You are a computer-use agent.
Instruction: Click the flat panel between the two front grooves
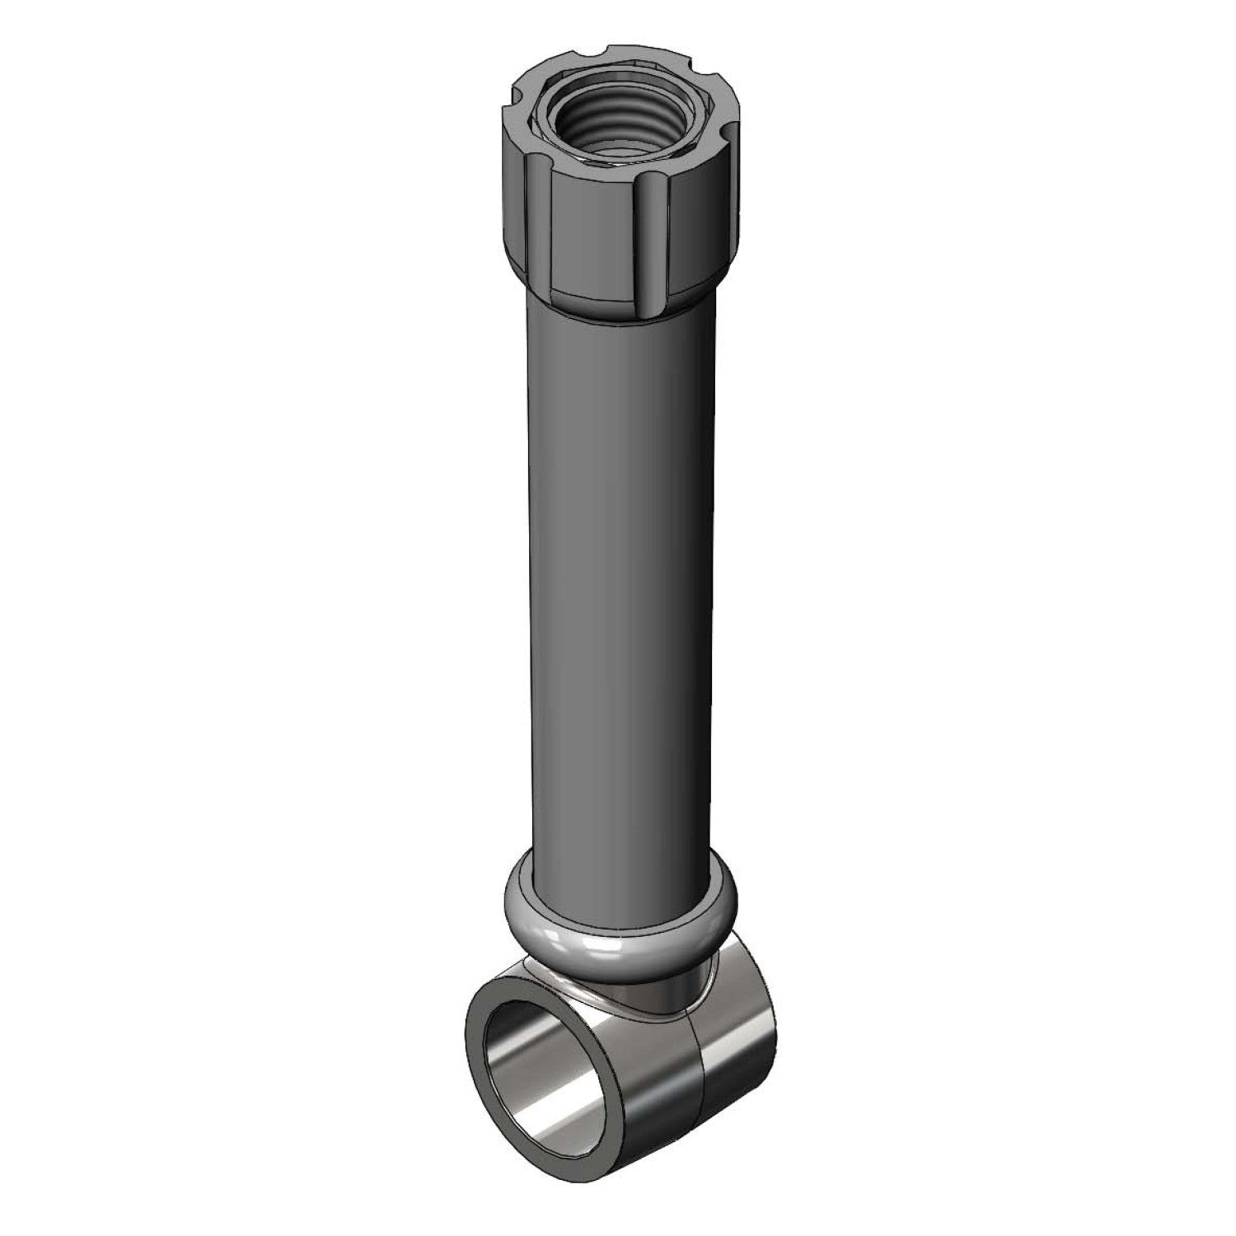point(595,247)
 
